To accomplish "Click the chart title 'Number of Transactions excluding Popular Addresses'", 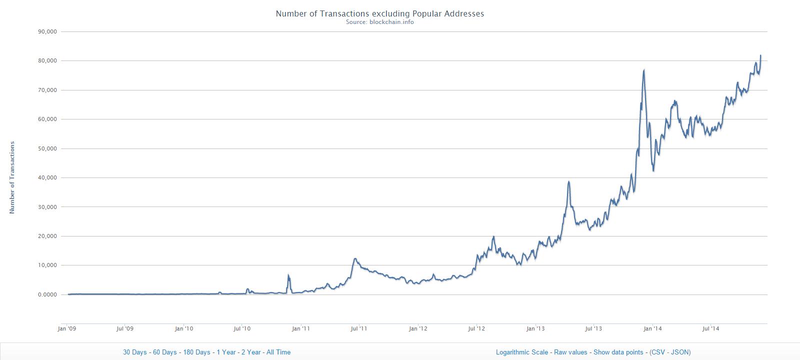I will click(x=380, y=13).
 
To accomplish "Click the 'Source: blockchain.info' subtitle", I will click(x=380, y=22).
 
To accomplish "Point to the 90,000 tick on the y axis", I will click(x=47, y=31).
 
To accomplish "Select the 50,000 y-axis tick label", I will click(x=47, y=148).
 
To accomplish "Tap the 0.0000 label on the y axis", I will click(x=47, y=294).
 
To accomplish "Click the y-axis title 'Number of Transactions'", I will click(x=12, y=177).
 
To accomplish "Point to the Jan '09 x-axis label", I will click(x=67, y=328).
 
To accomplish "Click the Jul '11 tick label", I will click(x=359, y=328).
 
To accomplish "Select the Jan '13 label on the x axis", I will click(x=535, y=328).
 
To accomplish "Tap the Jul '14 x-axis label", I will click(x=710, y=328).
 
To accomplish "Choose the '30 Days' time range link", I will click(x=135, y=352).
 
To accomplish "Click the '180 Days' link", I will click(x=196, y=352).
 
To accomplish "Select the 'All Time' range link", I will click(x=278, y=352).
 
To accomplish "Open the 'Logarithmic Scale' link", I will click(x=522, y=352).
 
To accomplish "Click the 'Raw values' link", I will click(x=570, y=352).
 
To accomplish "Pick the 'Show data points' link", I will click(x=618, y=352).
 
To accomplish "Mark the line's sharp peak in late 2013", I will click(x=644, y=70).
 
